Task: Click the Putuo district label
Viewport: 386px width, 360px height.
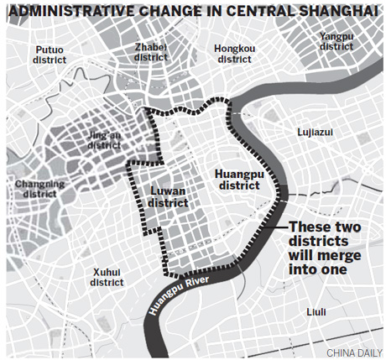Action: tap(50, 55)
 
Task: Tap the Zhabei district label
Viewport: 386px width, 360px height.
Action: tap(155, 52)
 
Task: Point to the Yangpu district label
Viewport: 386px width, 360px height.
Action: tap(336, 41)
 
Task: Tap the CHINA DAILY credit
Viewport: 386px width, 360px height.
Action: tap(346, 351)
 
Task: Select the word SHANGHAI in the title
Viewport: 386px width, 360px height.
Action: tap(338, 10)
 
